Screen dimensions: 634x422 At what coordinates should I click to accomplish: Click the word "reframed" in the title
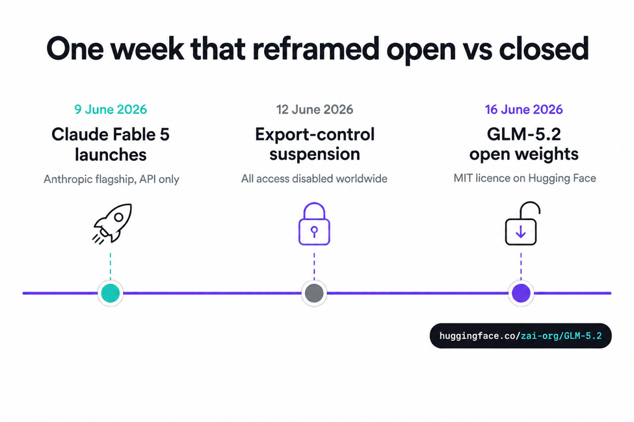point(316,49)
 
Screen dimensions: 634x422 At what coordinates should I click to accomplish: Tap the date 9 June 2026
point(111,110)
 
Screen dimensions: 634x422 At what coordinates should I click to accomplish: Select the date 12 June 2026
point(315,110)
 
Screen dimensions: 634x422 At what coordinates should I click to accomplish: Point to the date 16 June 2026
point(523,110)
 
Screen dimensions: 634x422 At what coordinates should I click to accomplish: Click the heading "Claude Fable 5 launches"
point(111,144)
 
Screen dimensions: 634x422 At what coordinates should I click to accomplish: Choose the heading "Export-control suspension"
point(315,144)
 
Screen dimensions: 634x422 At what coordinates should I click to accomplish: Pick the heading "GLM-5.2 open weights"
point(523,144)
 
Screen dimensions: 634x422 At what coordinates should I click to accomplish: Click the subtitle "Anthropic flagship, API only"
point(111,179)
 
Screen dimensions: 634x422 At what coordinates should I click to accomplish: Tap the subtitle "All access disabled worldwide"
point(314,179)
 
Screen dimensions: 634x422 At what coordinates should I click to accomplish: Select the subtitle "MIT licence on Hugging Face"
point(525,178)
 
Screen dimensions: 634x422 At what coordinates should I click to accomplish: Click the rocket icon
point(112,223)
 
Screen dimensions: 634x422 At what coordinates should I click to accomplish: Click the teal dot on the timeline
point(111,293)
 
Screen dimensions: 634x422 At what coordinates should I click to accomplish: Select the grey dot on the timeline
point(314,293)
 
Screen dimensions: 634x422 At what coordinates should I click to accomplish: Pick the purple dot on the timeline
point(521,293)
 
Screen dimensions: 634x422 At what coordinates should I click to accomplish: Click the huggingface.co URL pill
point(520,336)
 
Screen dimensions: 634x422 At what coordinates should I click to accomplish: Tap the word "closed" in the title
point(544,49)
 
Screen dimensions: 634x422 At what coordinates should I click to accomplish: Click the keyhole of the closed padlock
point(314,231)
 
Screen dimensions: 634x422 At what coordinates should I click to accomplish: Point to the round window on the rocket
point(118,217)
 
